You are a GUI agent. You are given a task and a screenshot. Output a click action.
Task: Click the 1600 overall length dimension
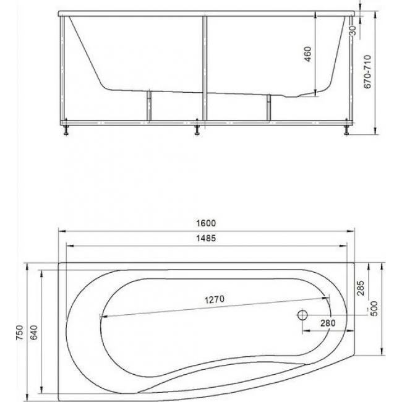(x=206, y=223)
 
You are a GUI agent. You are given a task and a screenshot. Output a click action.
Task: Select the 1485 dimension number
(x=206, y=238)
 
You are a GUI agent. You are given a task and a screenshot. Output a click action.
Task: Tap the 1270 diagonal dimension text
(x=215, y=299)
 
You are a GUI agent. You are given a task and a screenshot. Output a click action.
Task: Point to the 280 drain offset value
(x=328, y=323)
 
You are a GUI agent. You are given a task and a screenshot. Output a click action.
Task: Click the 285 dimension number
(x=361, y=288)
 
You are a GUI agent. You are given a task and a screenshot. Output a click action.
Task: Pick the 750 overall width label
(x=20, y=333)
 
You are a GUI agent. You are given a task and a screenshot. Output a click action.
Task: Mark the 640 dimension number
(x=34, y=333)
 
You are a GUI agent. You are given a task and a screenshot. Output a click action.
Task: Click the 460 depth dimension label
(x=307, y=54)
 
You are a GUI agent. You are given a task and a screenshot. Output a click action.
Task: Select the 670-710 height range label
(x=367, y=72)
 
